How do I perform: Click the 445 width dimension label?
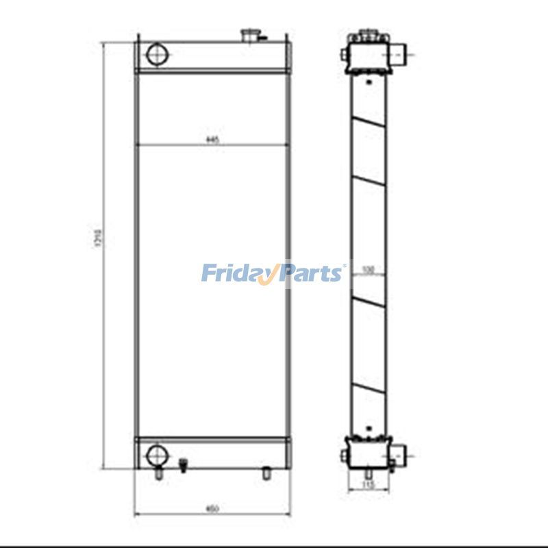pyautogui.click(x=212, y=140)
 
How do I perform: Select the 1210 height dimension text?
pyautogui.click(x=98, y=238)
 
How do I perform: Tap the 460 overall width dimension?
pyautogui.click(x=212, y=508)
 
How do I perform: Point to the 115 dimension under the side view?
pyautogui.click(x=369, y=485)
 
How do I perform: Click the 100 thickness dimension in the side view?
pyautogui.click(x=368, y=270)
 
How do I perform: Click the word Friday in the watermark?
pyautogui.click(x=236, y=273)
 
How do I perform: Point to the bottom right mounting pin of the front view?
pyautogui.click(x=266, y=473)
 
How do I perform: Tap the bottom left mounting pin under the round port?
pyautogui.click(x=159, y=473)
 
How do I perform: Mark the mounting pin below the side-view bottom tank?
pyautogui.click(x=369, y=473)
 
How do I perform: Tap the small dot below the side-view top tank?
pyautogui.click(x=369, y=82)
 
